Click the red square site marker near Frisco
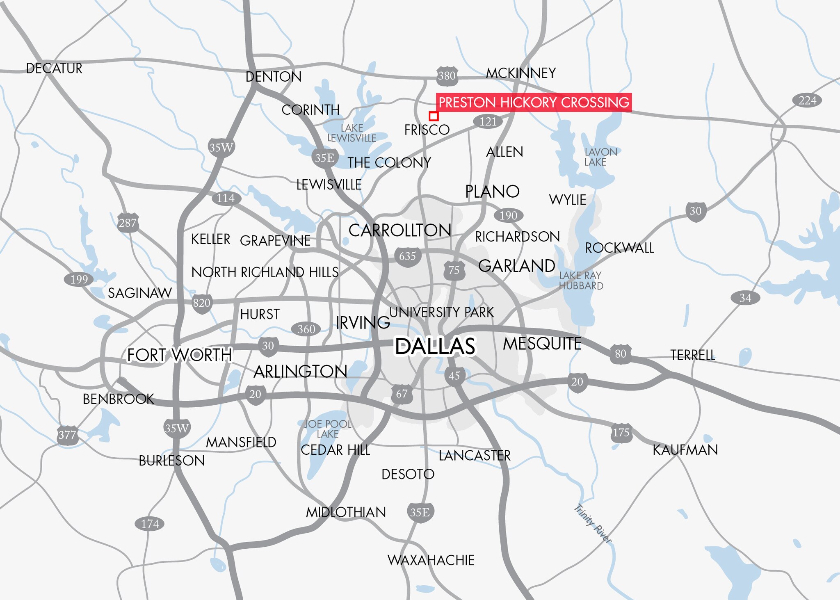pyautogui.click(x=434, y=116)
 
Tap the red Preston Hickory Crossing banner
pyautogui.click(x=534, y=102)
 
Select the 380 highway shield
pyautogui.click(x=447, y=76)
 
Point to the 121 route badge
pyautogui.click(x=488, y=122)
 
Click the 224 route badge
pyautogui.click(x=807, y=100)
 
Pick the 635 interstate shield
pyautogui.click(x=407, y=256)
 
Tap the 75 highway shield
pyautogui.click(x=454, y=270)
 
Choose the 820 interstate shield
pyautogui.click(x=201, y=303)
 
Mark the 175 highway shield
pyautogui.click(x=621, y=433)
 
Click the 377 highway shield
pyautogui.click(x=67, y=435)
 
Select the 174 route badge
pyautogui.click(x=150, y=524)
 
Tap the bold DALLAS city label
pyautogui.click(x=435, y=346)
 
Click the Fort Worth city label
pyautogui.click(x=179, y=355)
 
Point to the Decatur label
pyautogui.click(x=54, y=68)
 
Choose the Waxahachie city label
pyautogui.click(x=431, y=560)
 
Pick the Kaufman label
pyautogui.click(x=685, y=450)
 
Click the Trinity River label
pyautogui.click(x=593, y=524)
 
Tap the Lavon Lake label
pyautogui.click(x=600, y=157)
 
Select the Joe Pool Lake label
pyautogui.click(x=328, y=429)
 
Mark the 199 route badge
pyautogui.click(x=79, y=280)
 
